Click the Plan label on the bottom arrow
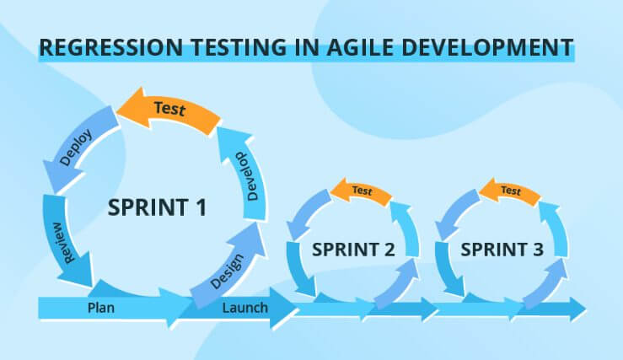(x=101, y=308)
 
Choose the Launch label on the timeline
(x=244, y=308)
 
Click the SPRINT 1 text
(x=157, y=207)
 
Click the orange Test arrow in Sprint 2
(x=361, y=191)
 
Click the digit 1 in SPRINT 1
(x=201, y=207)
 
